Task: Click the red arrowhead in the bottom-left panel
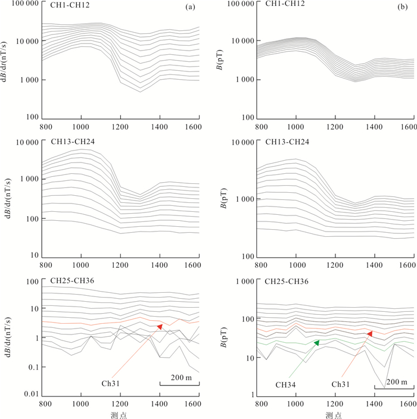click(160, 327)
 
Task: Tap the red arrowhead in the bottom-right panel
click(370, 334)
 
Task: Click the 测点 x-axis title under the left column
click(119, 414)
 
